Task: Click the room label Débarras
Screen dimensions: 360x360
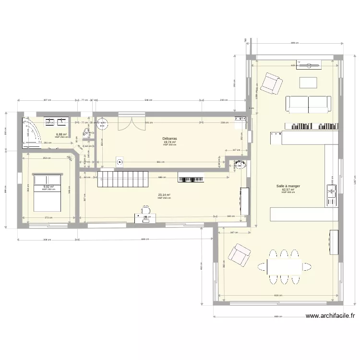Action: pyautogui.click(x=169, y=138)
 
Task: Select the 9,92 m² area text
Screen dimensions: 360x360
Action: pyautogui.click(x=48, y=187)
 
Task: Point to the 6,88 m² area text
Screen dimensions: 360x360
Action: pyautogui.click(x=61, y=134)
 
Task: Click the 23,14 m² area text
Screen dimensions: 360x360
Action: pyautogui.click(x=164, y=195)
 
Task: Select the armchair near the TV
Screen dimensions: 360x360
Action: pyautogui.click(x=271, y=84)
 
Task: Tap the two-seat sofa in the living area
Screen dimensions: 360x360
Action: pyautogui.click(x=308, y=104)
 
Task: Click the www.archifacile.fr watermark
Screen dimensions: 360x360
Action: pyautogui.click(x=330, y=316)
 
